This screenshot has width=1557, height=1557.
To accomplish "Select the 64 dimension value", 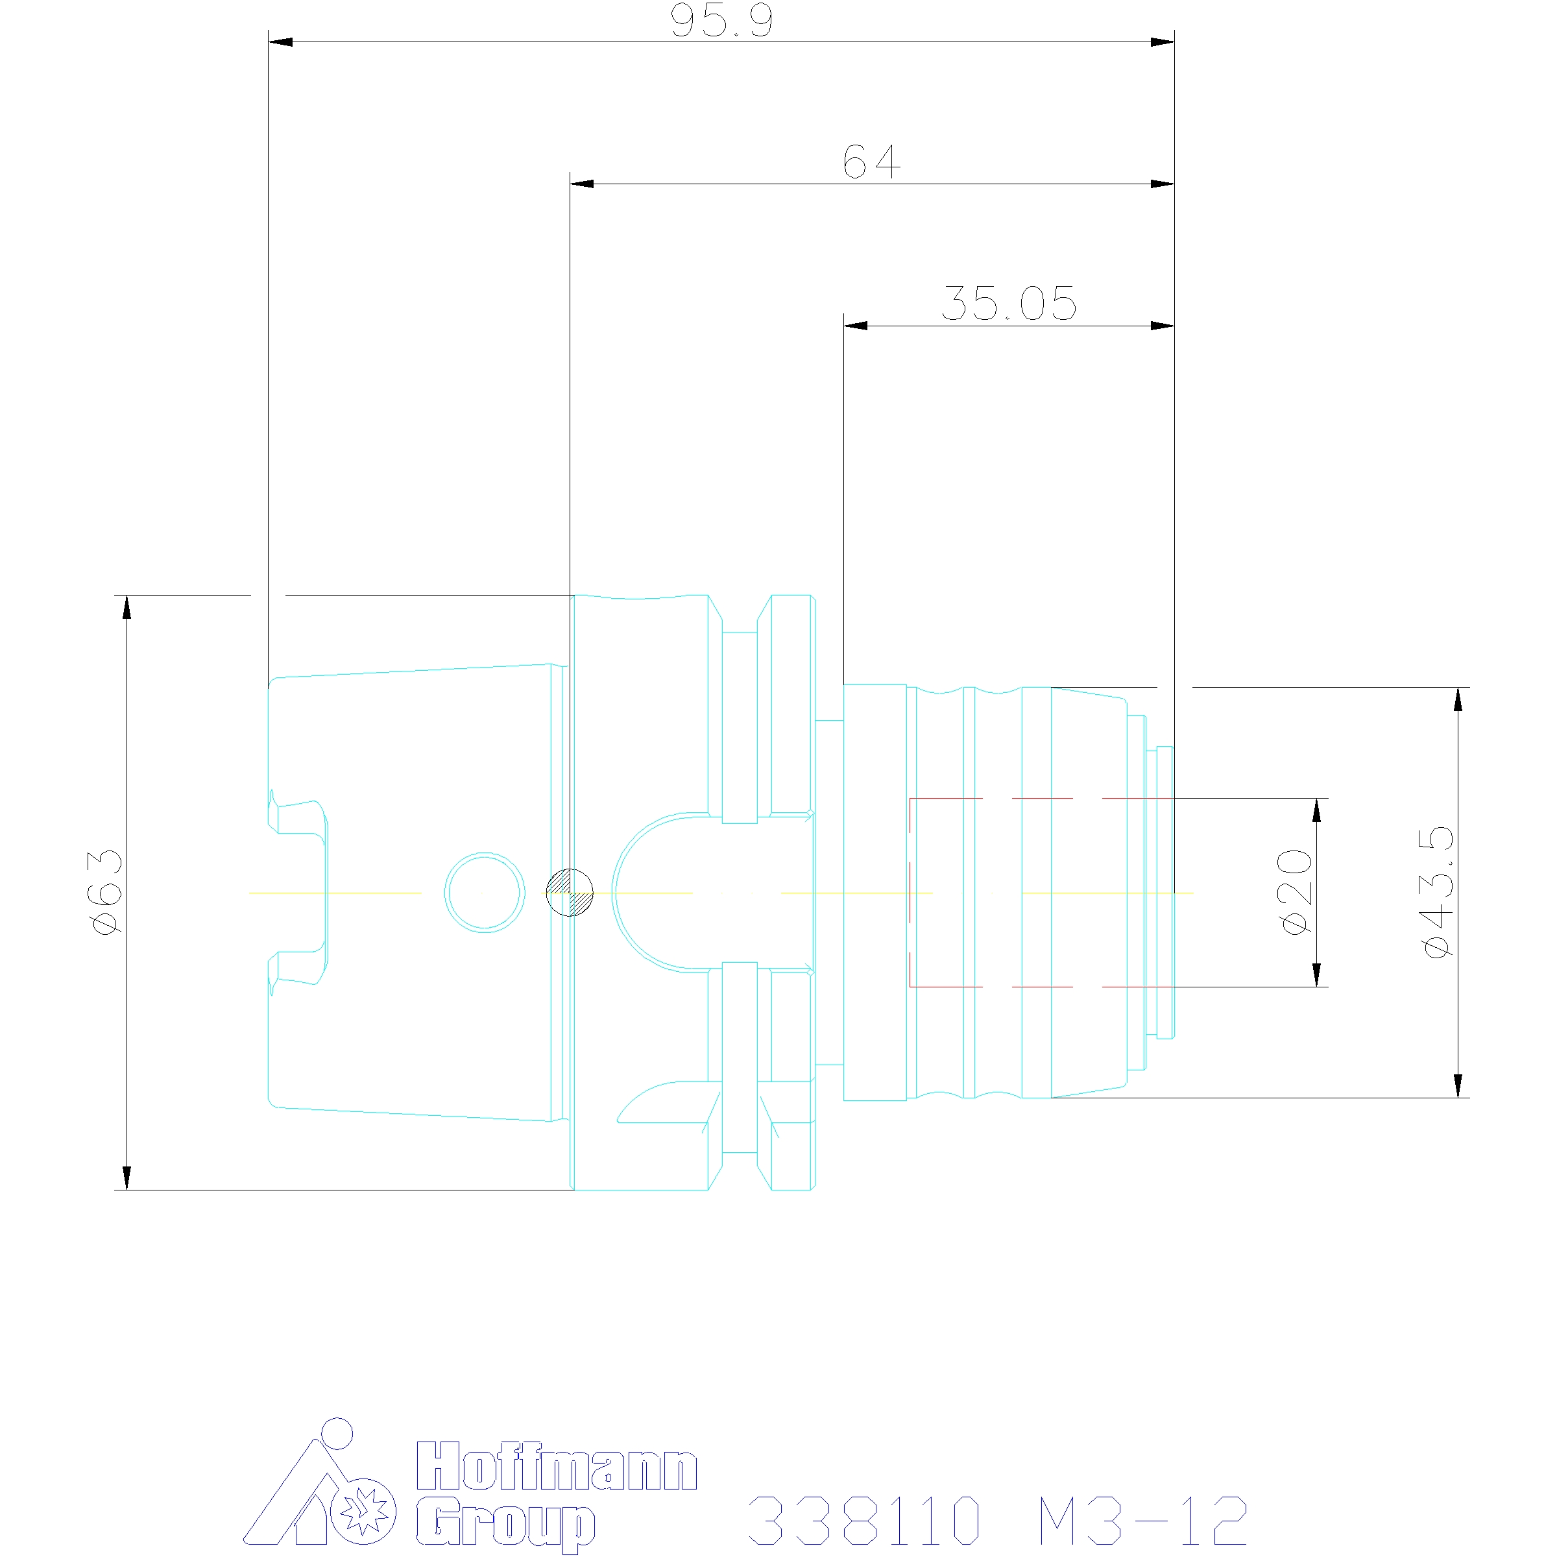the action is [x=871, y=162].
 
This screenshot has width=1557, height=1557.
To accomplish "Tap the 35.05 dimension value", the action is [x=1008, y=304].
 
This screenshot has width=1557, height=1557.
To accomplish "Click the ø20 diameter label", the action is [x=1297, y=891].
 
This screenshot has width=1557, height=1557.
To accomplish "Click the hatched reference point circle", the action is [x=570, y=892].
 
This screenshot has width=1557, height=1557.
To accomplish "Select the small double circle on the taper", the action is [x=485, y=892].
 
